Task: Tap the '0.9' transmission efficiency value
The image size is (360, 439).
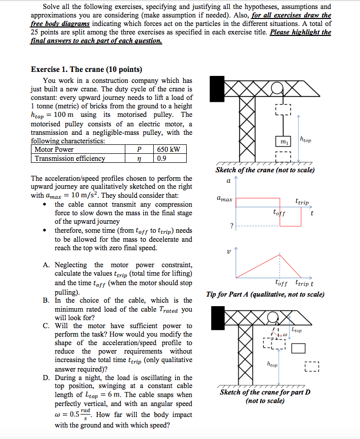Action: point(161,158)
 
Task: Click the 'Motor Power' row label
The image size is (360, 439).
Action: point(54,149)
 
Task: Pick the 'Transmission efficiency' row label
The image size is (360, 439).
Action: point(70,158)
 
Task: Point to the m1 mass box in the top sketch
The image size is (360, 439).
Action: point(283,142)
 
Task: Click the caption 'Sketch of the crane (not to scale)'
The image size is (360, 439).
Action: point(265,170)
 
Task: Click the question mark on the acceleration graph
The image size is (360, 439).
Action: point(231,225)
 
